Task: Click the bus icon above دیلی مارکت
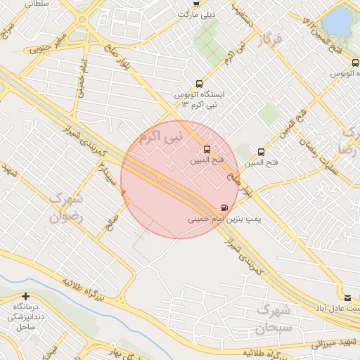pos(197,3)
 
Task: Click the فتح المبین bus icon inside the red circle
pos(207,149)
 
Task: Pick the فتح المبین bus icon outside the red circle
pos(262,151)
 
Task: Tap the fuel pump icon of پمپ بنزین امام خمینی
pos(224,207)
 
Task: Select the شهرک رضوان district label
pos(65,208)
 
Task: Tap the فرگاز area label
pos(269,39)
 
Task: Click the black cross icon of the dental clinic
pos(26,297)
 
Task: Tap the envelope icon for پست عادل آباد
pos(347,297)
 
